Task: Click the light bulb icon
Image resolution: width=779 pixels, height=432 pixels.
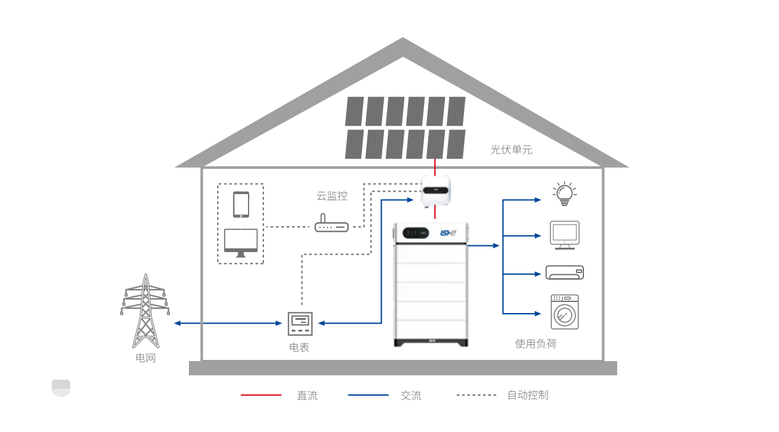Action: [x=564, y=194]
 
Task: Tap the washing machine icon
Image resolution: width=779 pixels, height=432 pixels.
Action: [x=564, y=312]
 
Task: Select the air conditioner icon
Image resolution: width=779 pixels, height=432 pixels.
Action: [x=564, y=272]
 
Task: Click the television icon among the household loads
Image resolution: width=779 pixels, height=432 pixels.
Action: [x=564, y=235]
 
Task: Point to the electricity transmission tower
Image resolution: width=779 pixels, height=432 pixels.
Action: [x=145, y=311]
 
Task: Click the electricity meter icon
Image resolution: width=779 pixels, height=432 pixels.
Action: [x=300, y=323]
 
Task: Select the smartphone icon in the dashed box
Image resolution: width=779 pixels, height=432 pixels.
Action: [x=241, y=204]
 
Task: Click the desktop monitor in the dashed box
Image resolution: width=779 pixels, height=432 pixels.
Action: [x=241, y=242]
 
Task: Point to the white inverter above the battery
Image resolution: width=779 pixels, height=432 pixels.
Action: [x=436, y=190]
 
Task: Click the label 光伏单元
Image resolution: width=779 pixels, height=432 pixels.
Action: [x=511, y=149]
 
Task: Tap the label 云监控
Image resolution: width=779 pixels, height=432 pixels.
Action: [x=332, y=196]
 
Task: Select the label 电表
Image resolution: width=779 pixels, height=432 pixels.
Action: [x=299, y=348]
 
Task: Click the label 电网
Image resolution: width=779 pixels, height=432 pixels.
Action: [x=146, y=358]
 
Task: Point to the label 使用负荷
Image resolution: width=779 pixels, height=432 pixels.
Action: [x=535, y=344]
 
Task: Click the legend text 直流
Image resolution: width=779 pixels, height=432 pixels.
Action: [x=307, y=396]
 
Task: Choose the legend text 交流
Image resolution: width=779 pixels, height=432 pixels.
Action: [x=411, y=396]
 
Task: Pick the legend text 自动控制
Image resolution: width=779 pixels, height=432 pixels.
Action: [x=527, y=395]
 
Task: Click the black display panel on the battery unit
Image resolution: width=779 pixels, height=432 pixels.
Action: [x=415, y=234]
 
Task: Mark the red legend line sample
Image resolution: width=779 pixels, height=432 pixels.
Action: [x=261, y=395]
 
